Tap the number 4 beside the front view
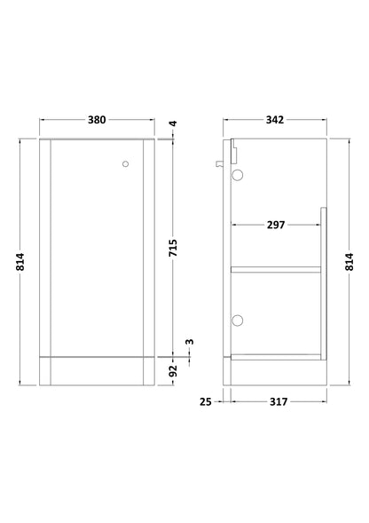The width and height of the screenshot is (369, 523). point(175,124)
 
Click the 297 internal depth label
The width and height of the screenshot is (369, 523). point(275,225)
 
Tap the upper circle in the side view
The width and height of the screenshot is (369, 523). point(237,175)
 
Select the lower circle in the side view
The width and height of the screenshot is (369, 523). point(237,320)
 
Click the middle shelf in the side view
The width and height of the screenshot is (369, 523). point(275,266)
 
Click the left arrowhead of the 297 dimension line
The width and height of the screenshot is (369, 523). point(234,225)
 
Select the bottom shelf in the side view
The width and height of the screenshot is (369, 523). point(275,358)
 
